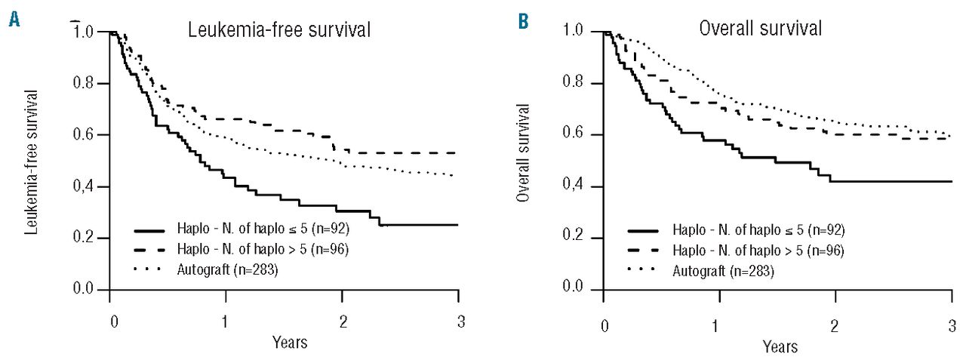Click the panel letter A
[14, 20]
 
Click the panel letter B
[523, 20]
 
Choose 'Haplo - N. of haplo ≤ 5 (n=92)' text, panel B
[740, 229]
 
